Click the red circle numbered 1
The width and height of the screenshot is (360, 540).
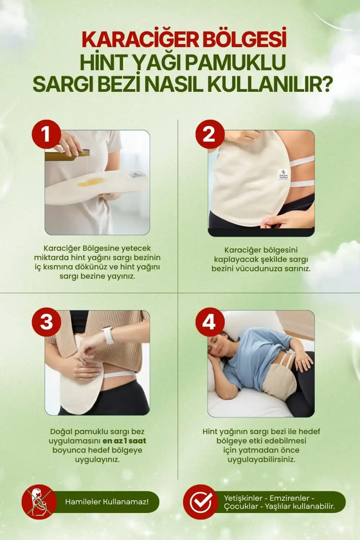click(x=46, y=134)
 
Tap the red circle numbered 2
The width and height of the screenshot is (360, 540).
click(x=210, y=134)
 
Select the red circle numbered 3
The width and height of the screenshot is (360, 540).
click(x=46, y=322)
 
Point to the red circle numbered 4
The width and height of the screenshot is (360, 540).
click(x=210, y=322)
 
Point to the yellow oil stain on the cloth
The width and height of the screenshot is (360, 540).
click(x=91, y=182)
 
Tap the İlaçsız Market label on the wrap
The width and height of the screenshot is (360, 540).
click(x=283, y=174)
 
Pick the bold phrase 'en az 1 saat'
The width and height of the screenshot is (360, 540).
click(x=124, y=441)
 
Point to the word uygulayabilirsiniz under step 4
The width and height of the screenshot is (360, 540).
click(x=261, y=459)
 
